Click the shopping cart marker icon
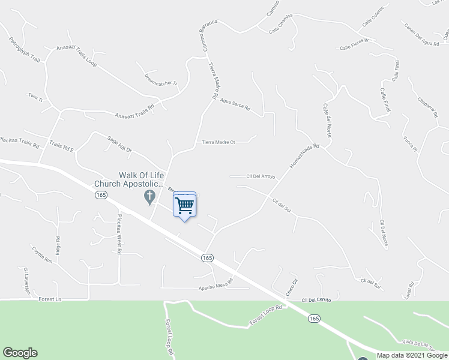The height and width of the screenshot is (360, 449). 185,205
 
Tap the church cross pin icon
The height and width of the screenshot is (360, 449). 149,196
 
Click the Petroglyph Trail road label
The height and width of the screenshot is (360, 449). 25,51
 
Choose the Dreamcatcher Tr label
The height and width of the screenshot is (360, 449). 161,80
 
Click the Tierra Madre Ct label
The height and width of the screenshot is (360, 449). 217,142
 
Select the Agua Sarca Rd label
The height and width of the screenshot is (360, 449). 234,106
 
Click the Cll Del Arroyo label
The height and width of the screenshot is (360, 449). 261,176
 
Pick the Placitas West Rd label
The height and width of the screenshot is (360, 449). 119,235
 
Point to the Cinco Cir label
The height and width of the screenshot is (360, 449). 291,290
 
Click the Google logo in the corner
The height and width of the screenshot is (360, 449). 20,353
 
